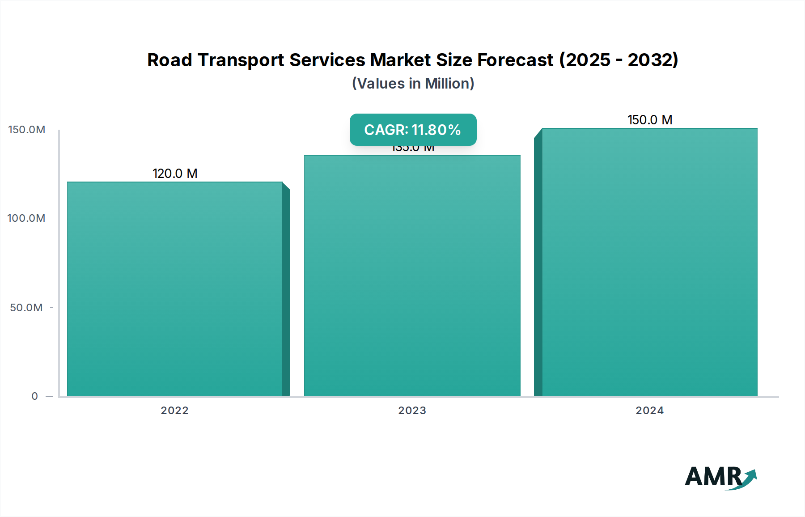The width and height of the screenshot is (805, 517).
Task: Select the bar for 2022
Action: (174, 289)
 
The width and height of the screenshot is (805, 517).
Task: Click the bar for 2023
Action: (412, 275)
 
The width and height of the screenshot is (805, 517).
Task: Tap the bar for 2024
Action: (649, 262)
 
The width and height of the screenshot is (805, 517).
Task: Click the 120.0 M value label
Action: (175, 174)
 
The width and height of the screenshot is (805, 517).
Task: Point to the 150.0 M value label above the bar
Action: (649, 120)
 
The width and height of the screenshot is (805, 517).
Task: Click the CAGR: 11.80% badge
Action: (413, 130)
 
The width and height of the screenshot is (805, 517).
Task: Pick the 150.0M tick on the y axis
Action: (27, 130)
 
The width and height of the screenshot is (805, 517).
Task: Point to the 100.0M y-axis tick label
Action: (26, 218)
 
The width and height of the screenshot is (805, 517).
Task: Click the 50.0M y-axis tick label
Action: (26, 308)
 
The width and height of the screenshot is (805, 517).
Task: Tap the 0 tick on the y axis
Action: (35, 396)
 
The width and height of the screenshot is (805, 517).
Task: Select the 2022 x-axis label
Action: (174, 411)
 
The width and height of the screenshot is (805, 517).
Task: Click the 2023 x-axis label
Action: (412, 411)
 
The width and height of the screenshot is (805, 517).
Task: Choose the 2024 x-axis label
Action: (649, 411)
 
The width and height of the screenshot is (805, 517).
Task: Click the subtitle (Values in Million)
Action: (413, 84)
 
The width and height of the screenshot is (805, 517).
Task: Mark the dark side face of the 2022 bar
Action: (286, 291)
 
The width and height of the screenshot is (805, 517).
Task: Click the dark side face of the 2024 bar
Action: (538, 264)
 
